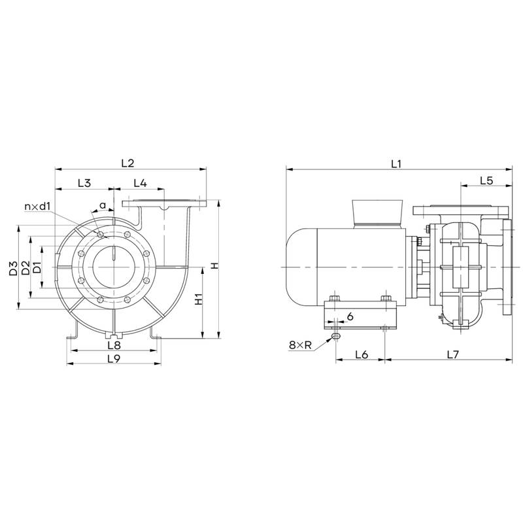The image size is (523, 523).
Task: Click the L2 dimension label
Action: pyautogui.click(x=127, y=163)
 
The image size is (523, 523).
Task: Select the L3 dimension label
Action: pyautogui.click(x=84, y=183)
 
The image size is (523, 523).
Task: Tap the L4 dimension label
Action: pyautogui.click(x=140, y=183)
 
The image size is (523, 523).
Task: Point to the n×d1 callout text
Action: pyautogui.click(x=37, y=207)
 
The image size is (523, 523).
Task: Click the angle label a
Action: pyautogui.click(x=103, y=205)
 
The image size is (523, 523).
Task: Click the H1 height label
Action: pyautogui.click(x=198, y=299)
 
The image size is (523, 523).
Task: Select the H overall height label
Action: pyautogui.click(x=215, y=266)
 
